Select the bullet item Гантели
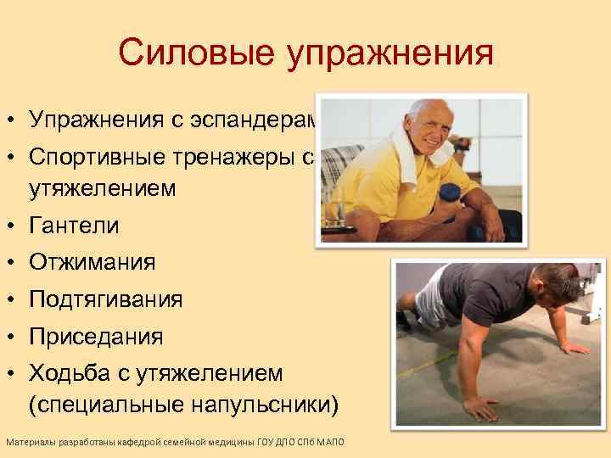(x=74, y=226)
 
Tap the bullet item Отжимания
(x=92, y=263)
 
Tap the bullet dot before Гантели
(x=14, y=226)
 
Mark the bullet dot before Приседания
(x=14, y=338)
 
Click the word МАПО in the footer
(x=342, y=444)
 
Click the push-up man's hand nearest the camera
(x=480, y=408)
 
